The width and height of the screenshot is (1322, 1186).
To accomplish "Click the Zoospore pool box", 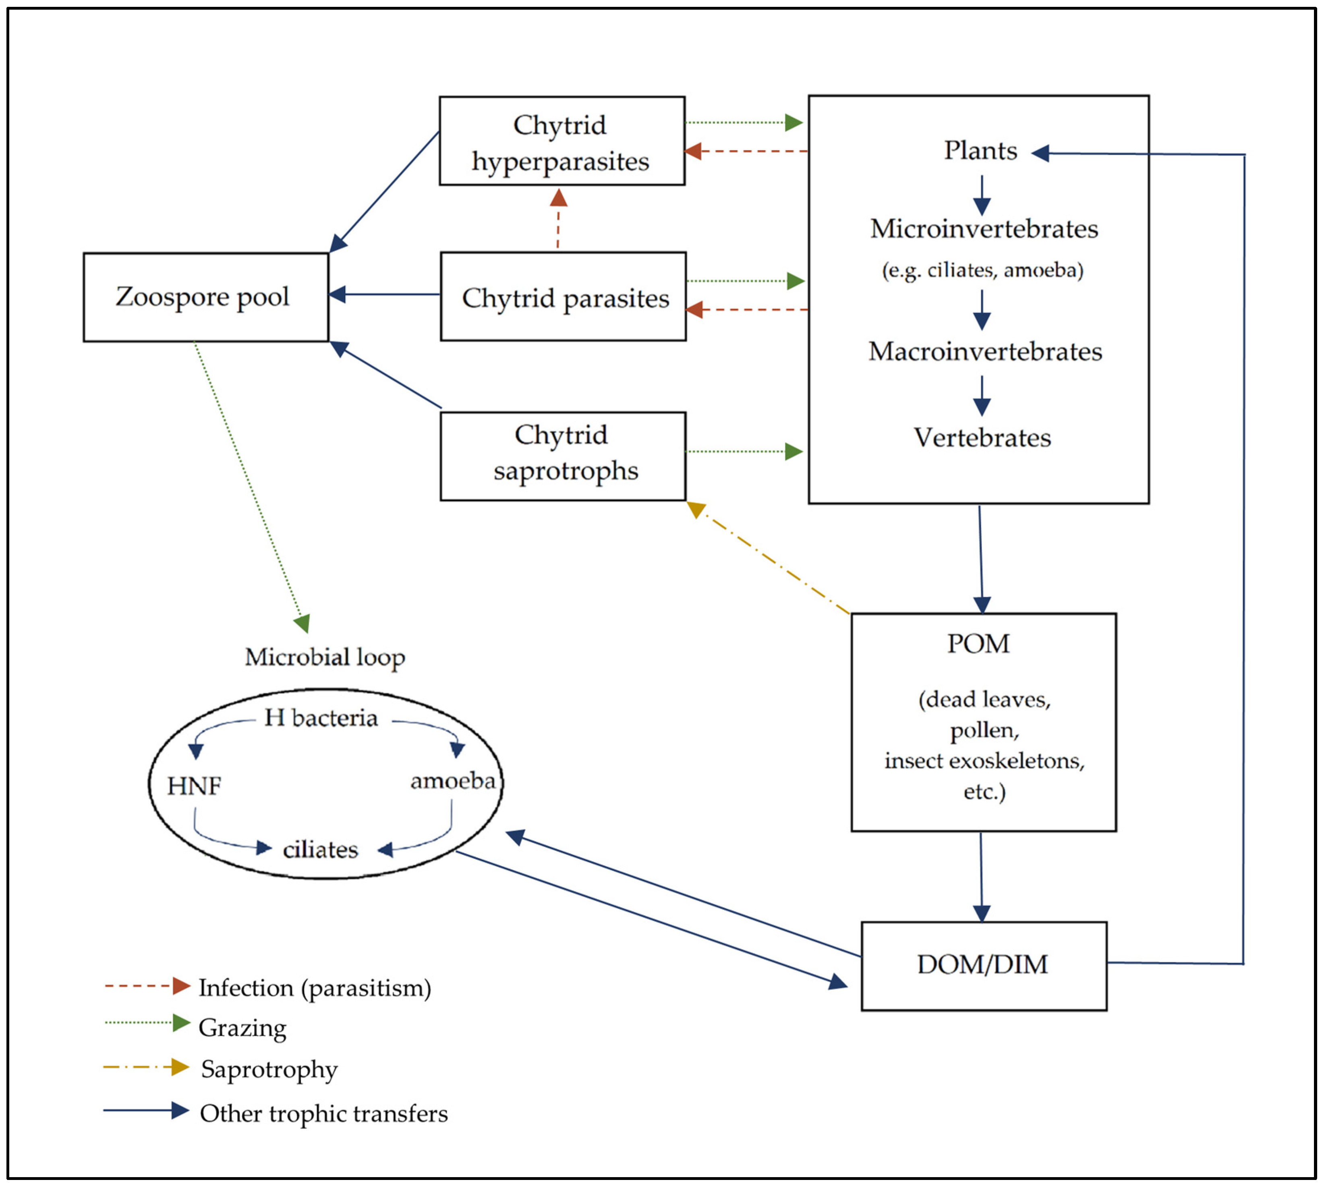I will (x=205, y=297).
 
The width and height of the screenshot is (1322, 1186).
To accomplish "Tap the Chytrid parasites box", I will (x=563, y=297).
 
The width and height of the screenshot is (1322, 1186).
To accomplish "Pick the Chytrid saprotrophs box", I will (x=563, y=456).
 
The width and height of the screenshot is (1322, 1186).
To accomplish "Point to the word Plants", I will (x=980, y=151).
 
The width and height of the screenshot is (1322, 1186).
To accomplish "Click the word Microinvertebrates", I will (x=984, y=229).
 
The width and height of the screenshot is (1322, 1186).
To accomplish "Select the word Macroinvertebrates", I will (x=984, y=352).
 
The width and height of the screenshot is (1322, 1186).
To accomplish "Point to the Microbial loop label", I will (x=325, y=657).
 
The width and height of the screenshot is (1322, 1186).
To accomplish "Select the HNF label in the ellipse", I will (x=194, y=786).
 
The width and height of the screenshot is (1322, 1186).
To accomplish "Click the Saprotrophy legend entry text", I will (x=269, y=1069).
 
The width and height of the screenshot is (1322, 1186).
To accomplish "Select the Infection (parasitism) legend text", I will (x=315, y=988).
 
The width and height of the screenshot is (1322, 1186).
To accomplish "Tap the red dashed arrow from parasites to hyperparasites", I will (x=558, y=222).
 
